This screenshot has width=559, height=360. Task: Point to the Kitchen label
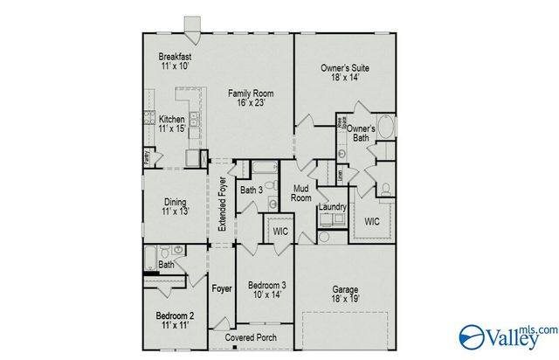tap(170, 124)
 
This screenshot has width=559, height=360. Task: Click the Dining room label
tap(174, 206)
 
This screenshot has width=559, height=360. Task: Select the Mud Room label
tap(302, 193)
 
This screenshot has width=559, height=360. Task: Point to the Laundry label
tap(333, 207)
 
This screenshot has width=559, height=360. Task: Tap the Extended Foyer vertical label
tap(222, 202)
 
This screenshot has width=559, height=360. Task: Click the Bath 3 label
tap(252, 190)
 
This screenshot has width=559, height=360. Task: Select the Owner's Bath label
tap(362, 132)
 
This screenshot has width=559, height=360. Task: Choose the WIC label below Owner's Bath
tap(373, 221)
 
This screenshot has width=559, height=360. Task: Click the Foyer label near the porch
tap(223, 288)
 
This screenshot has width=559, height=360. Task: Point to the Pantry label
tap(147, 158)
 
